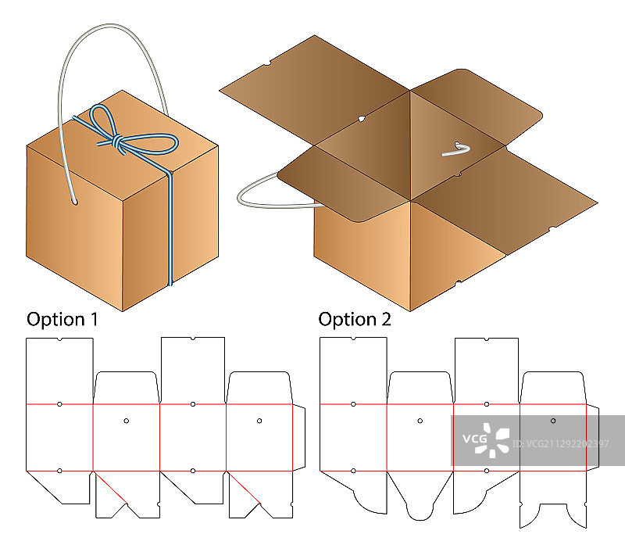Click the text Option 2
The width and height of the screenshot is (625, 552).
[x=355, y=319]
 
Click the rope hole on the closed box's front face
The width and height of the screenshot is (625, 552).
[x=76, y=205]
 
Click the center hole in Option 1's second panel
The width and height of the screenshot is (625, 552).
[x=127, y=421]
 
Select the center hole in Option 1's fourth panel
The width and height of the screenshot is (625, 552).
[x=259, y=421]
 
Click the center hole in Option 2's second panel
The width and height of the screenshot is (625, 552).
[x=420, y=421]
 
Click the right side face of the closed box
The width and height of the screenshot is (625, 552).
[x=191, y=223]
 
